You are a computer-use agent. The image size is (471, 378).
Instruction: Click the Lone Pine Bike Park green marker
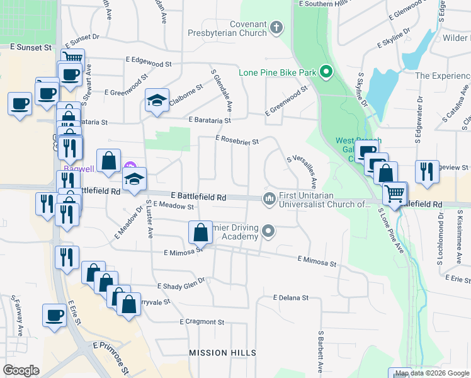tap(326, 72)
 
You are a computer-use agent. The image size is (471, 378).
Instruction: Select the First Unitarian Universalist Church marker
tap(270, 199)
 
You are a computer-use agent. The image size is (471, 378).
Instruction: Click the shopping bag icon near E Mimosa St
tap(200, 232)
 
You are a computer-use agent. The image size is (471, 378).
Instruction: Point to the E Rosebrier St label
tap(237, 140)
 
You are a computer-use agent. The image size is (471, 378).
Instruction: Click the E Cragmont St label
tap(201, 322)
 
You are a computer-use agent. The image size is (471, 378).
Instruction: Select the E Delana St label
tap(291, 297)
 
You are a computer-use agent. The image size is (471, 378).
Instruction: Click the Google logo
tap(21, 370)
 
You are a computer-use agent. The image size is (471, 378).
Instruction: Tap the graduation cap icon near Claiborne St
tap(157, 100)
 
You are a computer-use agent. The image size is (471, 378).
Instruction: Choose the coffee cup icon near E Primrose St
tap(54, 314)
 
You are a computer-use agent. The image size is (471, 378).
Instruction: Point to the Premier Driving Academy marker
tap(269, 231)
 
